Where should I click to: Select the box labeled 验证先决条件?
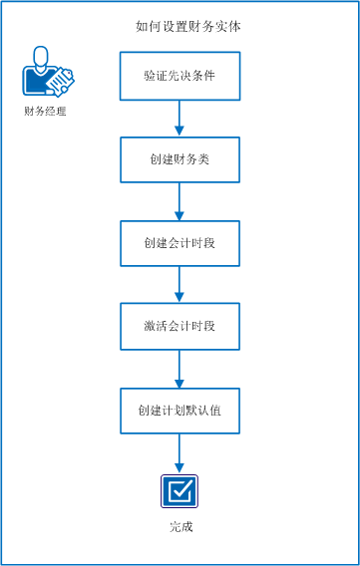[180, 76]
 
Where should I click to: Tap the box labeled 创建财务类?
[180, 158]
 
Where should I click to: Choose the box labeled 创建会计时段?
[180, 242]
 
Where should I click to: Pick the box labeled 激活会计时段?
[180, 326]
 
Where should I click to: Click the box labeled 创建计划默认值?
[180, 410]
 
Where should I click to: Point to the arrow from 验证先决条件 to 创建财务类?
[180, 118]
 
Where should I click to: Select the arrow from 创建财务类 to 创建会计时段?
[180, 200]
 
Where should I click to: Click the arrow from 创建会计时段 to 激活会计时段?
[180, 284]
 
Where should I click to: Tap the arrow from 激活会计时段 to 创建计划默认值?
[180, 368]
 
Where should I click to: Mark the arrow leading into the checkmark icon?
[180, 453]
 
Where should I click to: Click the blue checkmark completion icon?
[180, 490]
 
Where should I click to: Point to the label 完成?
[180, 525]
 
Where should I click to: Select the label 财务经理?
[45, 111]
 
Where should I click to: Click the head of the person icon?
[40, 56]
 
